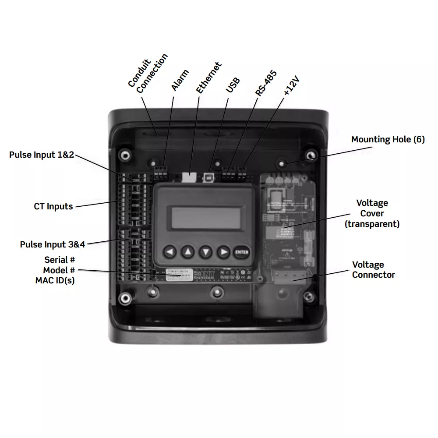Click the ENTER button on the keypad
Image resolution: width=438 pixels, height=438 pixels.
point(241,252)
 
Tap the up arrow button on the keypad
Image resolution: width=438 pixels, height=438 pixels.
point(188,252)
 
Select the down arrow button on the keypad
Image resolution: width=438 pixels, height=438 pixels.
point(206,252)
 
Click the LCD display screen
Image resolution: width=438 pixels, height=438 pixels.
point(205,218)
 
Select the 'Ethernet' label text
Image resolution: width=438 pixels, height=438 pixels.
point(208,78)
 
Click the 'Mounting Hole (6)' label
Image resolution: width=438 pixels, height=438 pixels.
point(388,140)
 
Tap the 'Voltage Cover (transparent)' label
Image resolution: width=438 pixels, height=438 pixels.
point(372,213)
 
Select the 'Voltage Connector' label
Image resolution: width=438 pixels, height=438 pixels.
point(373,270)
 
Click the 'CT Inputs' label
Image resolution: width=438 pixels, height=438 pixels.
point(53,206)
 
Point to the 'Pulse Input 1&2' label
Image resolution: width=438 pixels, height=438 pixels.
point(42,155)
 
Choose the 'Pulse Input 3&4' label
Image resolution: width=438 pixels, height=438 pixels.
point(52,244)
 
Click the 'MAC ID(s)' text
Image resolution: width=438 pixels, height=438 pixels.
point(55,280)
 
